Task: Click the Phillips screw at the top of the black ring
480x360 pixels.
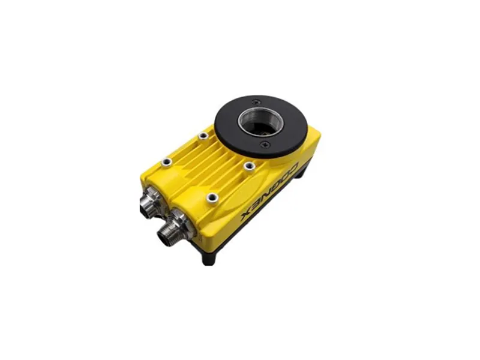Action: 254,101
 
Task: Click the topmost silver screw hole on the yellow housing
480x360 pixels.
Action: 202,136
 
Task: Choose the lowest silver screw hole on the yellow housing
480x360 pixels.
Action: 212,199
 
